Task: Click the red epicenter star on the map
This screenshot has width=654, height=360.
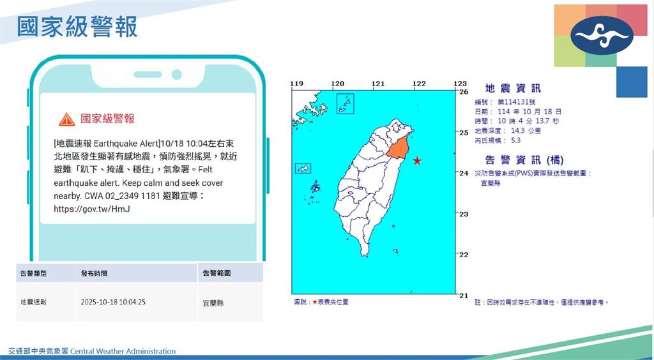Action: coord(416,160)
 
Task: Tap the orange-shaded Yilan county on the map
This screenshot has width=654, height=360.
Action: coord(398,147)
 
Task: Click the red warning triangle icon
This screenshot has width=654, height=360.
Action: coord(66,119)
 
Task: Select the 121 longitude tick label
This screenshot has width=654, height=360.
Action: coord(378,84)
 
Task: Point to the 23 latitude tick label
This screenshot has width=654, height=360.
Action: coord(464,214)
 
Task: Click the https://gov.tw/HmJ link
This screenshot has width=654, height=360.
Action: coord(92,209)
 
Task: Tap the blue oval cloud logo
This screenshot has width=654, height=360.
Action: coord(602,35)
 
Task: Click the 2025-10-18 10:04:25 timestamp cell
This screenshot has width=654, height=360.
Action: coord(113,302)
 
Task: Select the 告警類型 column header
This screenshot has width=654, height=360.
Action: coord(33,273)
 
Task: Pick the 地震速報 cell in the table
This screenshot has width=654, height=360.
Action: coord(33,302)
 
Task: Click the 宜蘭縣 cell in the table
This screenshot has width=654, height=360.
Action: coord(213,303)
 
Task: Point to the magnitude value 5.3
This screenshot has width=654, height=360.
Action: coord(515,140)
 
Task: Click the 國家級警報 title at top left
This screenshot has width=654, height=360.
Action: coord(77,27)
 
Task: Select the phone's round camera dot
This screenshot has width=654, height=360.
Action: coord(176,75)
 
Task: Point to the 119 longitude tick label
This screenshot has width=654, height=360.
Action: coord(296,84)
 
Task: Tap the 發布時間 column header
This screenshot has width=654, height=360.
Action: coord(94,273)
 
